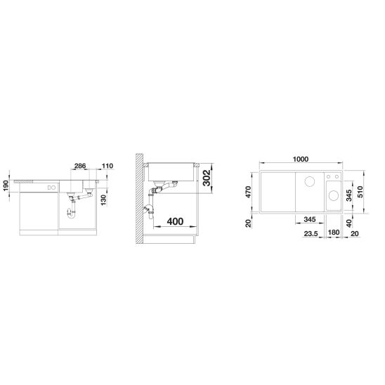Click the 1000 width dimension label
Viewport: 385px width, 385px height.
click(x=301, y=159)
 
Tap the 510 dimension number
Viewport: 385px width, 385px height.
click(x=360, y=192)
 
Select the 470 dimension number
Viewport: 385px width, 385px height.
click(x=248, y=192)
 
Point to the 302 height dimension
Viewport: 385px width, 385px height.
click(x=207, y=178)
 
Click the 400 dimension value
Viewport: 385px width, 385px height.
click(x=175, y=221)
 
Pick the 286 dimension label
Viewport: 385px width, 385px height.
click(x=80, y=166)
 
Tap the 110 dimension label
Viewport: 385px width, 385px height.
click(x=107, y=166)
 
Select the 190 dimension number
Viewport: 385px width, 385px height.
click(x=6, y=186)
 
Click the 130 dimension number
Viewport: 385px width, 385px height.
click(x=103, y=200)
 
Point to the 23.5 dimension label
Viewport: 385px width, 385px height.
click(x=311, y=234)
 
